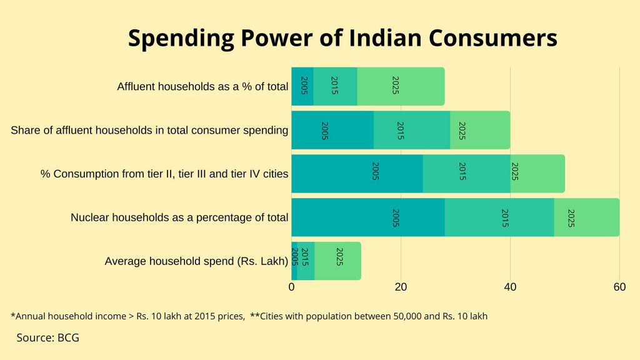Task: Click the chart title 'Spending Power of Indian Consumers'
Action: tap(342, 39)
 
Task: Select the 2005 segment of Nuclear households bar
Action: tap(367, 217)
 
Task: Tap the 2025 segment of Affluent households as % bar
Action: tap(401, 86)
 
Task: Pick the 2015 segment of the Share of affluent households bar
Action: tap(411, 130)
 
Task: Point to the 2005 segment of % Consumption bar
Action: tap(357, 174)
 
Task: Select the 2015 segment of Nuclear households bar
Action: tap(499, 217)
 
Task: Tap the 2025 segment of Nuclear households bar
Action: tap(586, 217)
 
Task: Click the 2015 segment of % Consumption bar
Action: tap(466, 174)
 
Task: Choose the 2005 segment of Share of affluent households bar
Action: tap(332, 130)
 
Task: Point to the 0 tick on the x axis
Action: tap(291, 287)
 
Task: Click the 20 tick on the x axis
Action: tap(401, 287)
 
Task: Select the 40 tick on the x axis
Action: tap(510, 287)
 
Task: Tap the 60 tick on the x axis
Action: tap(619, 287)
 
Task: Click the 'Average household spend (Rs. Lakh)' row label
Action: tap(196, 261)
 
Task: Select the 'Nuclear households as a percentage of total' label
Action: tap(179, 217)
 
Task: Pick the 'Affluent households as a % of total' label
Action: tap(202, 86)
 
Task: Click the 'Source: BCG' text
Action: tap(48, 337)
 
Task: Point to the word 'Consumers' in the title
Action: tap(494, 39)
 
